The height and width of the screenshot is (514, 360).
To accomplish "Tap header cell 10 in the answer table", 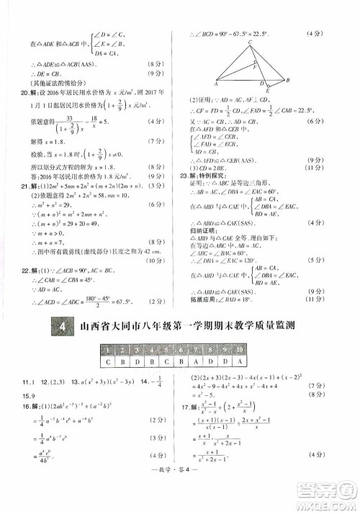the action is click(238, 350).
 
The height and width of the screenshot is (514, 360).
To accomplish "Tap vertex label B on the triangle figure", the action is click(288, 81).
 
